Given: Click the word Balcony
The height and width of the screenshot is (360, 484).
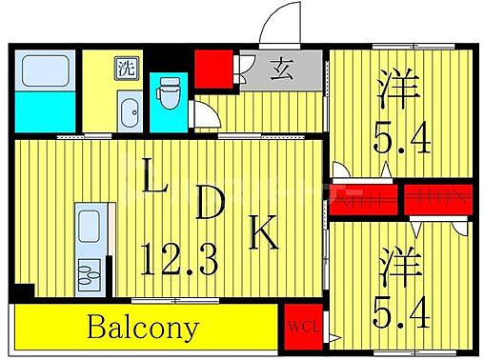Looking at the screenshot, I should (x=144, y=329).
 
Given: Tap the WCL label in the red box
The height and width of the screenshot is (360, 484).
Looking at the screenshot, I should (x=306, y=330).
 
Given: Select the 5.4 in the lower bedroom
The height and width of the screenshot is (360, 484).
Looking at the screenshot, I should (x=395, y=311).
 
